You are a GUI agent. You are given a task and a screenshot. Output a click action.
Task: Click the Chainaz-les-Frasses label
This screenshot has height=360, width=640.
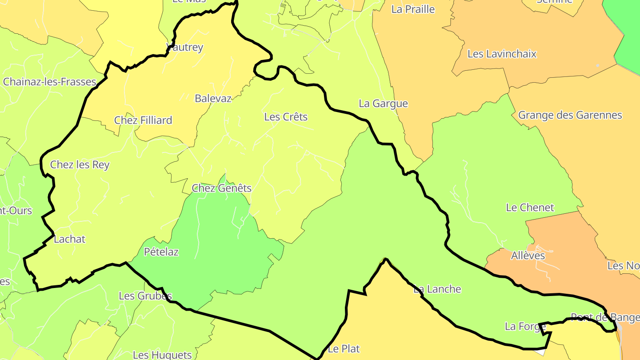[50, 82]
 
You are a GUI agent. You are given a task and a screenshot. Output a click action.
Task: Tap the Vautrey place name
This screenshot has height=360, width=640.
[184, 48]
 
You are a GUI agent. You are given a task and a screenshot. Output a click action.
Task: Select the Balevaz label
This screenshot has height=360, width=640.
[213, 99]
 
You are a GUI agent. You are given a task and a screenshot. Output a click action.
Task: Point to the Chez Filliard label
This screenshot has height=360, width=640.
[143, 120]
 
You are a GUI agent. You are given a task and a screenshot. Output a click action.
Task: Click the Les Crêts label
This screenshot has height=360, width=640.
[286, 117]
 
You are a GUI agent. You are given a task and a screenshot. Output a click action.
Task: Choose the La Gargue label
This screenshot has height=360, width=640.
[383, 104]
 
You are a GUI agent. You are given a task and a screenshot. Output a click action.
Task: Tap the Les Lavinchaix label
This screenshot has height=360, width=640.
[502, 54]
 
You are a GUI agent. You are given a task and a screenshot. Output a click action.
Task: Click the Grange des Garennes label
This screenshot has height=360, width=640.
[570, 115]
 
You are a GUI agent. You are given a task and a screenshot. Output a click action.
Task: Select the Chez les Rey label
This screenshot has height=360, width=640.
[80, 165]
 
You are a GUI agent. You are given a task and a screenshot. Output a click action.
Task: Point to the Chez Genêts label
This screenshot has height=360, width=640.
[221, 188]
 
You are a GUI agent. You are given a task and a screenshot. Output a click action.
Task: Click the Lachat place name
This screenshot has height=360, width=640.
[69, 239]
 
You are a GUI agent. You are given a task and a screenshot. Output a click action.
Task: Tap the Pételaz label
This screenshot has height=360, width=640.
[161, 252]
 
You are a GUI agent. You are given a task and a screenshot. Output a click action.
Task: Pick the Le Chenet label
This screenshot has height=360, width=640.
[530, 208]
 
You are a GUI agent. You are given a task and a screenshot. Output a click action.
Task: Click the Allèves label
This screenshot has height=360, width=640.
[528, 256]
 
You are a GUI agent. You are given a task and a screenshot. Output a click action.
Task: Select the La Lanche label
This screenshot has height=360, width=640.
[437, 289]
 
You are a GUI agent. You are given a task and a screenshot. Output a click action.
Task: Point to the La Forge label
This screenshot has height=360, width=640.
[525, 327]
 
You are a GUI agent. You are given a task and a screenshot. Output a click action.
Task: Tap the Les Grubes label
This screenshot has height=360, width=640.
[145, 296]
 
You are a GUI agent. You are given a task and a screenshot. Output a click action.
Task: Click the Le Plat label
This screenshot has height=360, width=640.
[344, 349]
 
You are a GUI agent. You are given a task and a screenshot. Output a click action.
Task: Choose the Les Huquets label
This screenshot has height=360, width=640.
[162, 355]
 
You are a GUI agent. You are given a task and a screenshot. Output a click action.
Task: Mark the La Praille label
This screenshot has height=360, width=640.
[413, 9]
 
